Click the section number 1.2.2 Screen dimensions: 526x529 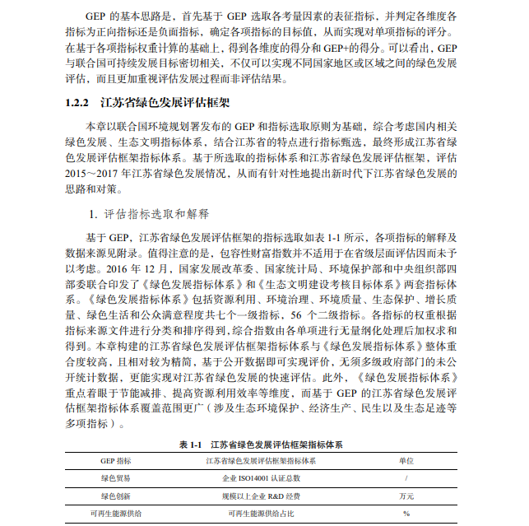tap(78, 104)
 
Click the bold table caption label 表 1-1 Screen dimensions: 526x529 tap(192, 445)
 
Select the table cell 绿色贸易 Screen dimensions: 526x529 tap(115, 477)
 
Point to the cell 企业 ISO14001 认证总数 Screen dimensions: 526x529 tap(262, 477)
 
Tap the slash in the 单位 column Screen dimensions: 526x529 tap(406, 477)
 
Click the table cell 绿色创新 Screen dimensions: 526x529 tap(115, 496)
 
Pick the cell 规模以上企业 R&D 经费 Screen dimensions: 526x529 tap(261, 496)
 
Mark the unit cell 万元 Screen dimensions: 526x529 tap(406, 496)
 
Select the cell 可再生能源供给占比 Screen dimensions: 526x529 tap(261, 514)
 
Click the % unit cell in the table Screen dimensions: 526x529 tap(406, 514)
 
